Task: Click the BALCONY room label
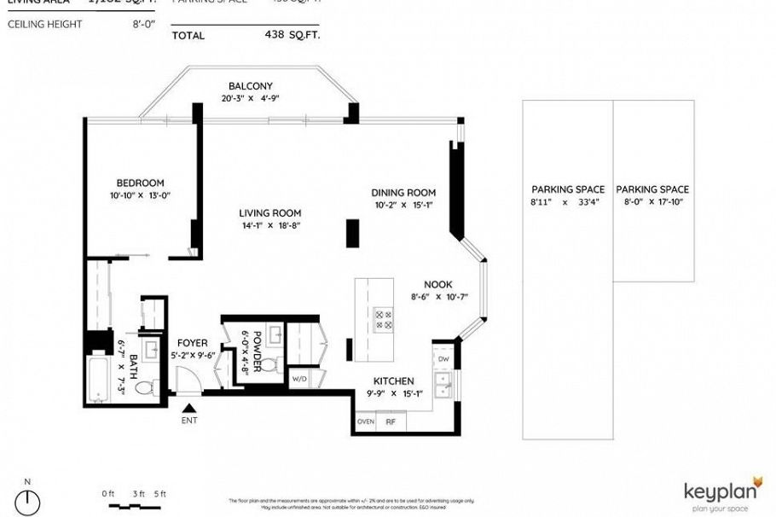point(250,86)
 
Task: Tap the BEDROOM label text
point(140,183)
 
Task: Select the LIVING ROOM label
point(269,213)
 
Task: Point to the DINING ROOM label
point(403,193)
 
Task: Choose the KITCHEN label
point(393,381)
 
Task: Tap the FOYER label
point(192,343)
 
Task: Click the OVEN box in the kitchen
point(366,421)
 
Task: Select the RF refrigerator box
point(391,421)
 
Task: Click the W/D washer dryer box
point(299,378)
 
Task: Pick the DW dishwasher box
point(443,359)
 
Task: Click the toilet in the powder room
point(269,366)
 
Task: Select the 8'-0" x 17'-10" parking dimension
point(652,202)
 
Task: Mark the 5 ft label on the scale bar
point(159,493)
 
